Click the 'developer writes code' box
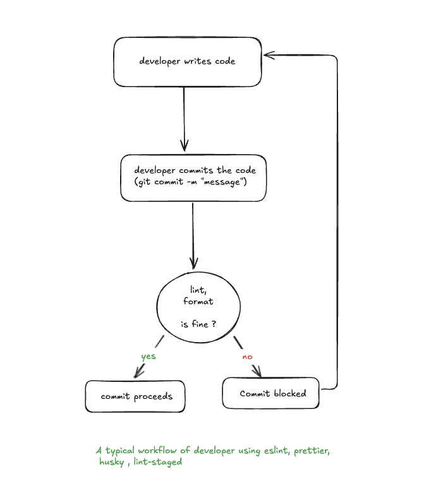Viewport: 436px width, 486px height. (187, 61)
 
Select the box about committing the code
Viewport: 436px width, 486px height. (193, 177)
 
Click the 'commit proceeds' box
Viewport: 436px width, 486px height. (135, 396)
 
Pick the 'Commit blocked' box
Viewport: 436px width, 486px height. (271, 393)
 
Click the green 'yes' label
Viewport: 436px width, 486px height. (148, 356)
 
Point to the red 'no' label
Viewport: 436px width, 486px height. (247, 357)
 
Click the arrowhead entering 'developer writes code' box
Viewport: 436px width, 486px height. (269, 56)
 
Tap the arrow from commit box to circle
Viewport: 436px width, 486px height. (193, 234)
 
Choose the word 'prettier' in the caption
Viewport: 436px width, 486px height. (310, 451)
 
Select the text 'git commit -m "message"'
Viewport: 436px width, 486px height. (190, 182)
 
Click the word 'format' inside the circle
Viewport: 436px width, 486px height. (198, 301)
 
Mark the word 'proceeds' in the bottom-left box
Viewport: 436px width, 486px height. (152, 397)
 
